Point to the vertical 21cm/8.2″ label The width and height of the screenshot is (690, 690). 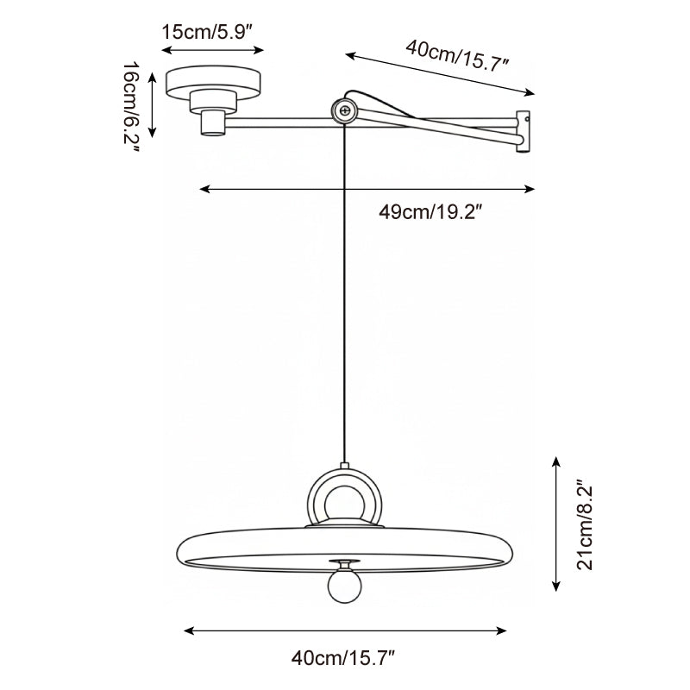click(586, 525)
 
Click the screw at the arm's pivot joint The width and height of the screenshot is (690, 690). click(344, 110)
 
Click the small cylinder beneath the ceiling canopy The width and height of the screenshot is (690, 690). click(211, 122)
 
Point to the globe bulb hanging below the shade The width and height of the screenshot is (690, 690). click(343, 587)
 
